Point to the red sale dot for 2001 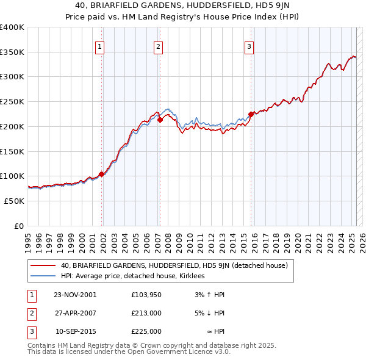click(x=101, y=174)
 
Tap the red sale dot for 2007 click(x=160, y=120)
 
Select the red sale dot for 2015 click(x=251, y=114)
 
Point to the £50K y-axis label click(x=15, y=201)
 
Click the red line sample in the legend click(x=44, y=265)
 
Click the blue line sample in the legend click(x=44, y=276)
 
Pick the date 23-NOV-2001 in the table click(x=75, y=295)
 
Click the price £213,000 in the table click(x=146, y=313)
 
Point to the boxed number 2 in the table click(x=32, y=313)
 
